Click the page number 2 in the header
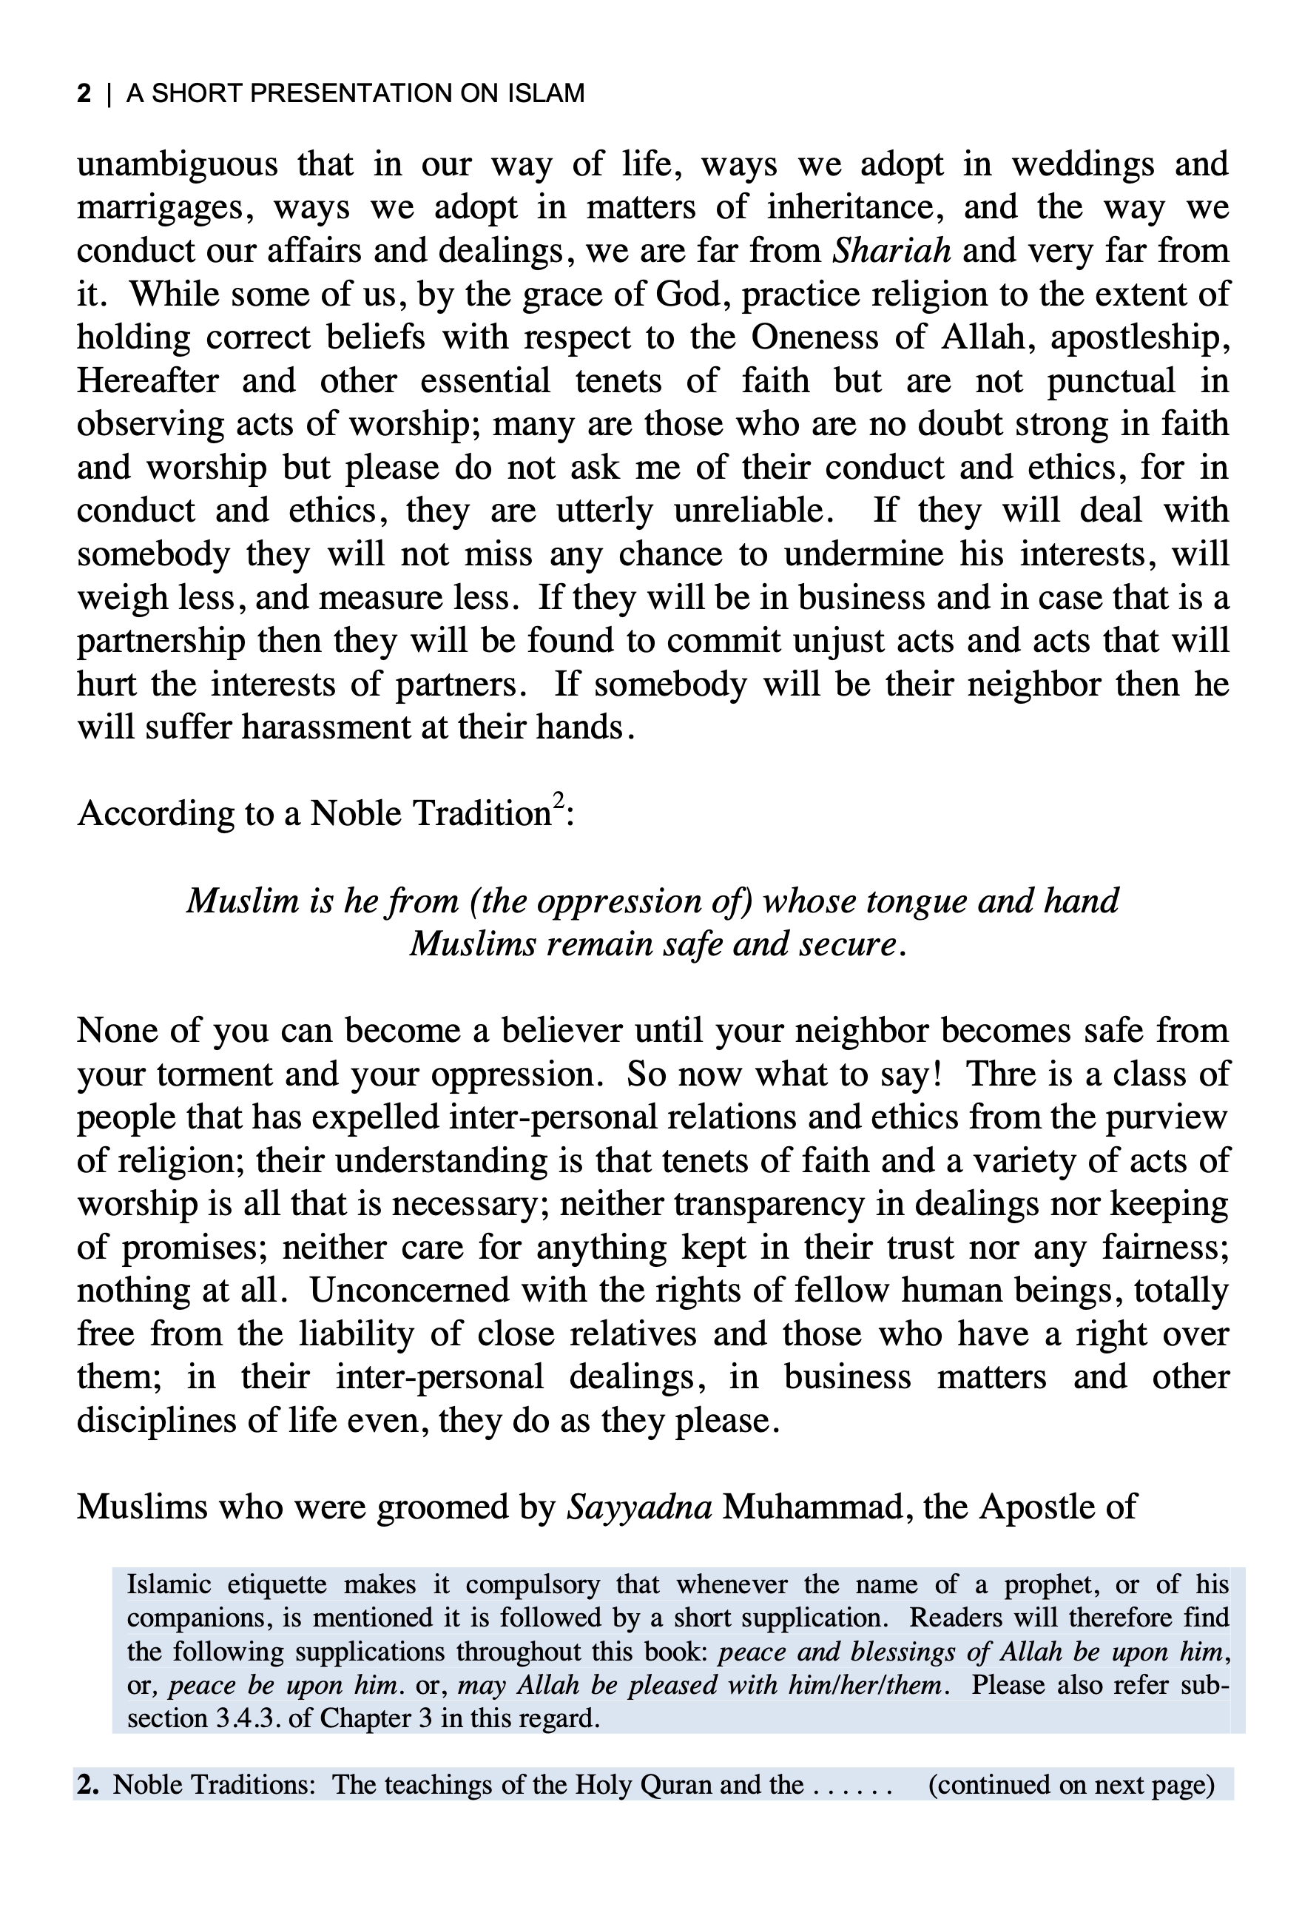click(x=84, y=93)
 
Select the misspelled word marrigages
click(x=165, y=207)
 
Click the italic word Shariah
click(x=891, y=250)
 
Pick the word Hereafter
click(x=148, y=381)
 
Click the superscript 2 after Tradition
click(x=559, y=801)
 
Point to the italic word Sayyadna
click(x=639, y=1507)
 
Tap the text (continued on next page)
click(x=1070, y=1784)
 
